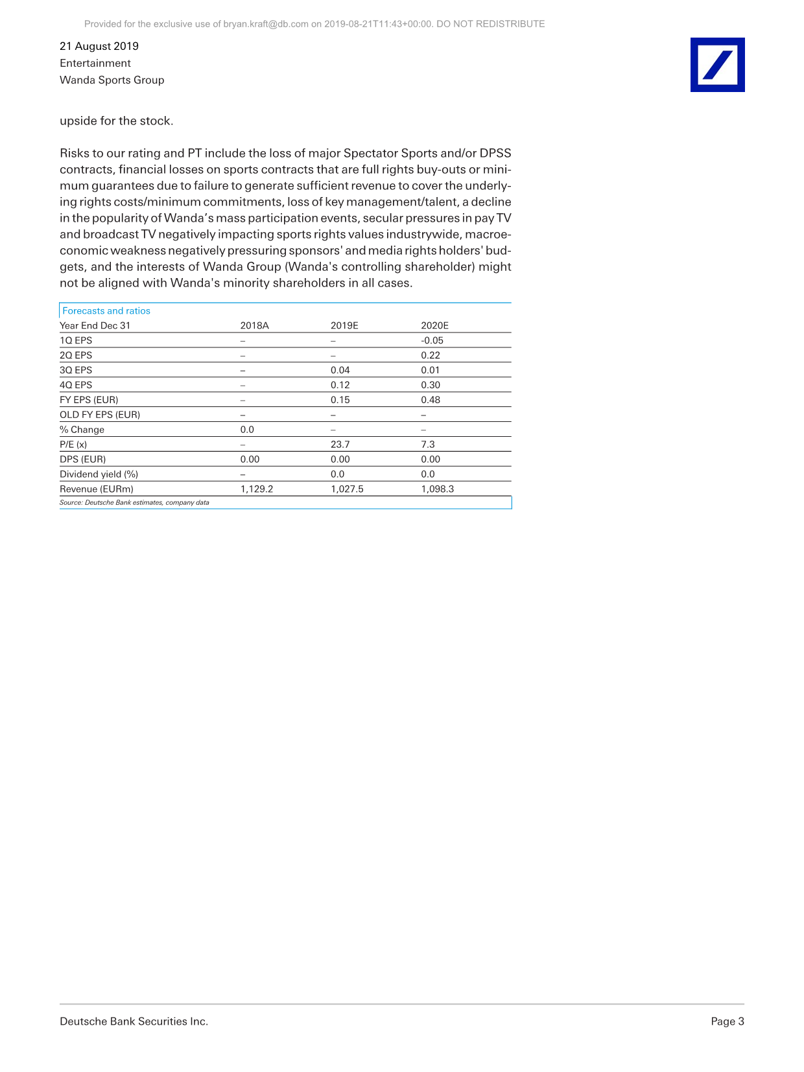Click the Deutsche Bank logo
(x=717, y=65)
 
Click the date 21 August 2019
(x=99, y=46)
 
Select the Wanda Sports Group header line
(x=112, y=80)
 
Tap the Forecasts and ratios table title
(x=106, y=311)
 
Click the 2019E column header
(x=344, y=325)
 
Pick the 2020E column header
(x=434, y=325)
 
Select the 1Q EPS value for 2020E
(x=432, y=340)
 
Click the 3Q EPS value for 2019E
(x=340, y=370)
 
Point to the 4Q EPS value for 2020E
(x=431, y=385)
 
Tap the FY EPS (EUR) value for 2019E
(x=340, y=400)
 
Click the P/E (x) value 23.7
(x=340, y=445)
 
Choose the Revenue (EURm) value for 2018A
(x=257, y=489)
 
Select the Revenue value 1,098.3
(x=438, y=489)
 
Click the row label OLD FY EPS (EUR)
(x=100, y=415)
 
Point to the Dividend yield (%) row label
(x=99, y=474)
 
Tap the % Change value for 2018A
(x=247, y=430)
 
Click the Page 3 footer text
(x=727, y=1021)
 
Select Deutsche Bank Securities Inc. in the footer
(x=134, y=1021)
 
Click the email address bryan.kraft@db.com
(x=266, y=24)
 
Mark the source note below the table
(x=134, y=502)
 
